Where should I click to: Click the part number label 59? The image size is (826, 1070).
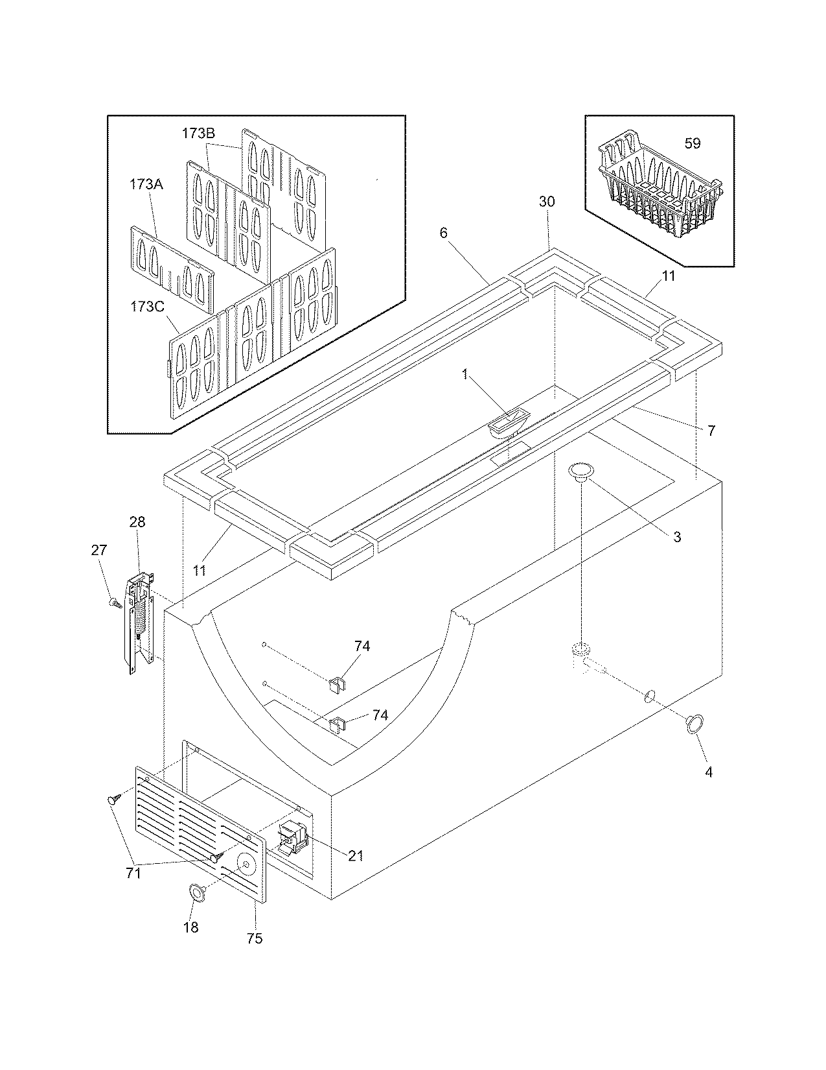[x=693, y=143]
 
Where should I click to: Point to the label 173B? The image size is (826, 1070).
[x=198, y=134]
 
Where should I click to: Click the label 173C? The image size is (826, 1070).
[x=146, y=306]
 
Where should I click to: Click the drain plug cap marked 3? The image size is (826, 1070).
[x=581, y=472]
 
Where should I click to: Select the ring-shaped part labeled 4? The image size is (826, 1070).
[x=695, y=724]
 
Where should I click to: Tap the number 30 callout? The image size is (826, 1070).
[x=547, y=202]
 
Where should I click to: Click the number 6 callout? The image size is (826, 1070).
[x=444, y=233]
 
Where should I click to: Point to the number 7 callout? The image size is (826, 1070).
[x=711, y=430]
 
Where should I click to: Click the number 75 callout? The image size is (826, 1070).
[x=255, y=938]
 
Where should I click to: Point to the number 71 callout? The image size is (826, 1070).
[x=133, y=874]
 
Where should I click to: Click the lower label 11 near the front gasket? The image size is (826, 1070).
[x=200, y=570]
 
